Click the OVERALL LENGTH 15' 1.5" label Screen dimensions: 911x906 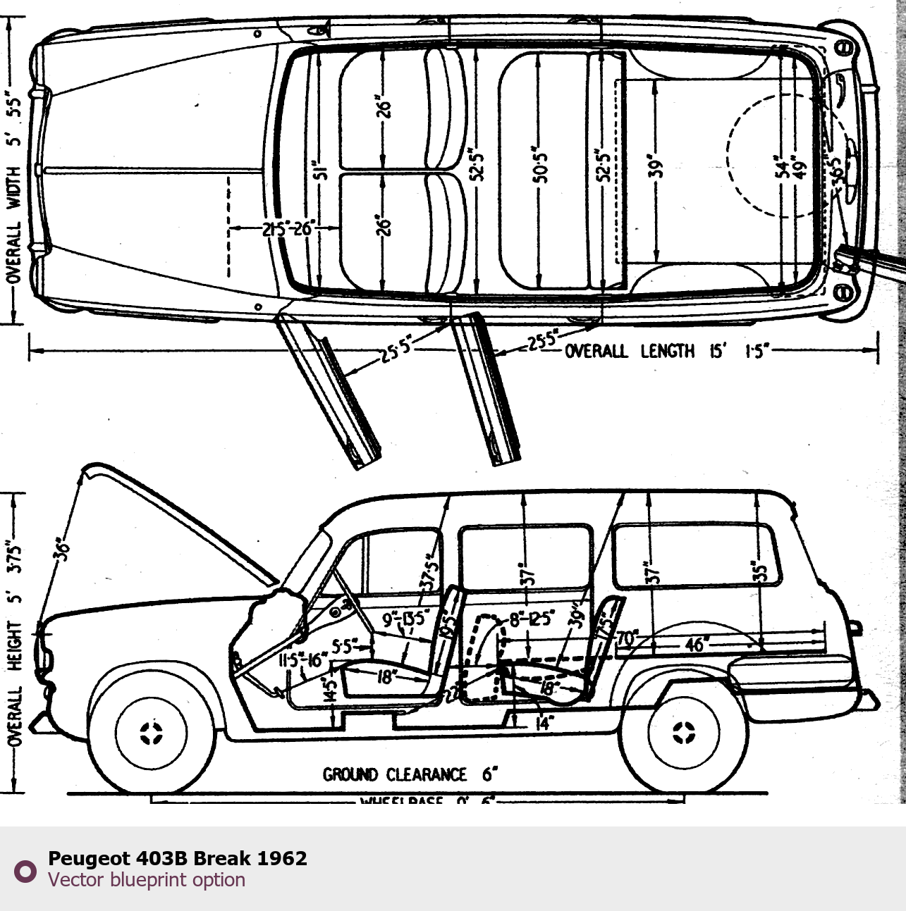666,350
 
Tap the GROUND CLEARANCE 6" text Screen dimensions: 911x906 410,775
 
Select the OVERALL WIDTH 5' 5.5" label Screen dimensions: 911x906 14,187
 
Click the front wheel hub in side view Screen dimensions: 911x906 151,733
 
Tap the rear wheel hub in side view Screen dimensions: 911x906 682,733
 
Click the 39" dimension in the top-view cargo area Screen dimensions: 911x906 656,169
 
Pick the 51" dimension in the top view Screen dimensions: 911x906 321,170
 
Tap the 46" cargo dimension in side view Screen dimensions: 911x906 695,645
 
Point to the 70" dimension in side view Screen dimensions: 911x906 627,639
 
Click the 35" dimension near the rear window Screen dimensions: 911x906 758,571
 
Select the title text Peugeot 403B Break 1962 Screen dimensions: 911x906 177,858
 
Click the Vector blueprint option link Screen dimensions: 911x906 147,880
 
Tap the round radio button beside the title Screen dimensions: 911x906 25,871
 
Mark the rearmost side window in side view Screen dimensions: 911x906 696,556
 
